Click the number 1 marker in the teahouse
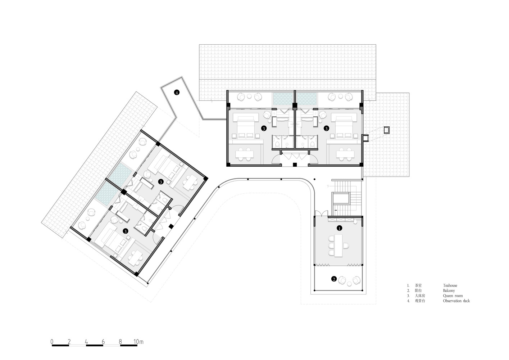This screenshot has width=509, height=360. coord(339,228)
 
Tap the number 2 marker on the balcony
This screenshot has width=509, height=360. coord(334,279)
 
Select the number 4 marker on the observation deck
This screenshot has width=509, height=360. coord(177,92)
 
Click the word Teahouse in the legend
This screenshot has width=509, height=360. coord(450,285)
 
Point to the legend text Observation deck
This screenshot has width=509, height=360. coord(456,301)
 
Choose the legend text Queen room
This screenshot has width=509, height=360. coord(453,296)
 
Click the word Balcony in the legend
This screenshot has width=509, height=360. coord(449,291)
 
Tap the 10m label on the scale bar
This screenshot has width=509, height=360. coord(138,342)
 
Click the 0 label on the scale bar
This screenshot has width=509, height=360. coord(52,342)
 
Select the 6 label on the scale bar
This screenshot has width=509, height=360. coord(103,342)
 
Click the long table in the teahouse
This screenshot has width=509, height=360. coord(338,246)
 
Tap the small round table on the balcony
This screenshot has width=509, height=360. coord(349,284)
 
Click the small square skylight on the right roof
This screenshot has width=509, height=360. coord(387,130)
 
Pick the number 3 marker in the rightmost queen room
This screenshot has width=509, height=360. coord(326,129)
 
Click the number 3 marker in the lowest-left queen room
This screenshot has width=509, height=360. coord(125,231)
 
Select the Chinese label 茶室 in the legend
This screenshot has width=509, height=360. coord(418,285)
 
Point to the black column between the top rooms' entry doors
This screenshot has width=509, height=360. coord(295,165)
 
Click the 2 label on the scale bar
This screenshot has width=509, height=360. coord(69,342)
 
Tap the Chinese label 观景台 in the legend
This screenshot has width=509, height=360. coord(420,301)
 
